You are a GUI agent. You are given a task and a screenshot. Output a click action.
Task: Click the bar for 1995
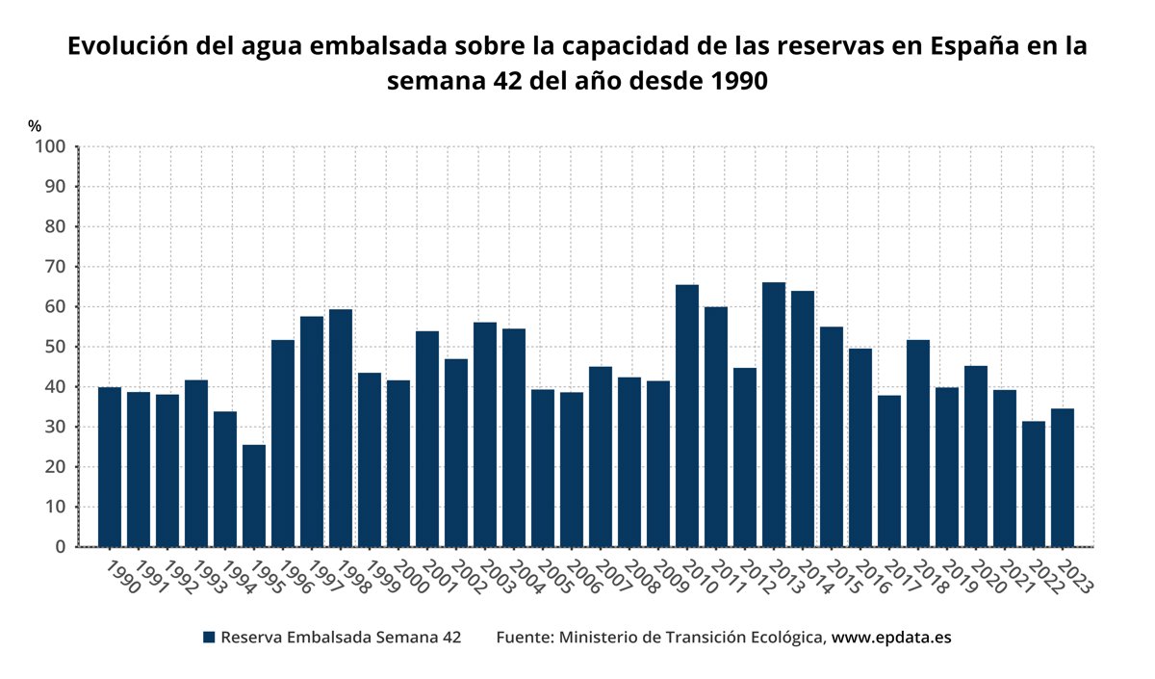[x=254, y=496]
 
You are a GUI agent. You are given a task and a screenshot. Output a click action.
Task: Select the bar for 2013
[x=774, y=414]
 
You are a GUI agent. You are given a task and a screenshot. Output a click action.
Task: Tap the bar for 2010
[x=687, y=416]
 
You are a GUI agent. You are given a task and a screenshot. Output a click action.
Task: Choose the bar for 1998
[x=341, y=428]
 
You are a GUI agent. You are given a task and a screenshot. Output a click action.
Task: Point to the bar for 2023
[x=1063, y=478]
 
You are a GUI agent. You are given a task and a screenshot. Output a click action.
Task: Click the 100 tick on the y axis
[x=49, y=146]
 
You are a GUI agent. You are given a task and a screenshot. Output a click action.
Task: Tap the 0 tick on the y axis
[x=60, y=547]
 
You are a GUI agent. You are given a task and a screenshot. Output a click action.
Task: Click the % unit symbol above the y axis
[x=35, y=126]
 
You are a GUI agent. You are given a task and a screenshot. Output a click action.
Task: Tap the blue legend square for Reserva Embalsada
[x=209, y=638]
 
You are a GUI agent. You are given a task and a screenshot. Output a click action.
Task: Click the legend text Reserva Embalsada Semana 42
[x=341, y=638]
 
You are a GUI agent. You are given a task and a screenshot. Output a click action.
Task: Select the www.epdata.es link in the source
[x=891, y=638]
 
